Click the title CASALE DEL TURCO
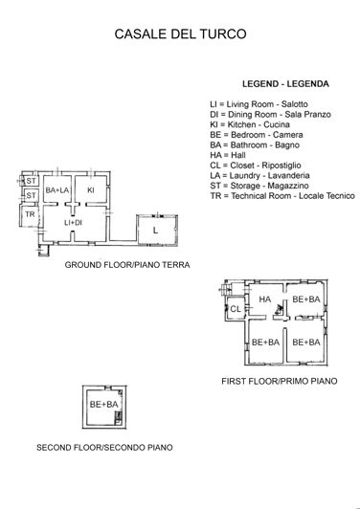(181, 34)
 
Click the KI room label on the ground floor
(91, 190)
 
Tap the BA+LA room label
(57, 190)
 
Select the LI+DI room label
(73, 223)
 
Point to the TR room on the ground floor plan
(30, 214)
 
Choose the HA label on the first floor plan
(264, 299)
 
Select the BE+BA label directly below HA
(264, 342)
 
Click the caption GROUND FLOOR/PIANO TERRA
(126, 264)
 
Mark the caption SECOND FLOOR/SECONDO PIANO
(104, 448)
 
